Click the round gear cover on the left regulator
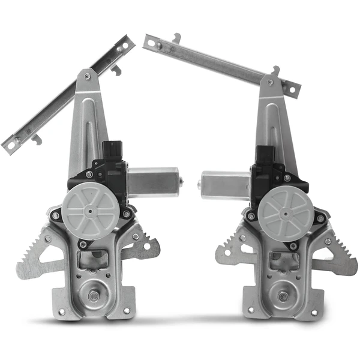[x=91, y=211]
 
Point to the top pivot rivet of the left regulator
[x=88, y=76]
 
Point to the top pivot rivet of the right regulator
[x=271, y=82]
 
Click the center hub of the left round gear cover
[x=91, y=211]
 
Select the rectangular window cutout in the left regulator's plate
[x=93, y=260]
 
